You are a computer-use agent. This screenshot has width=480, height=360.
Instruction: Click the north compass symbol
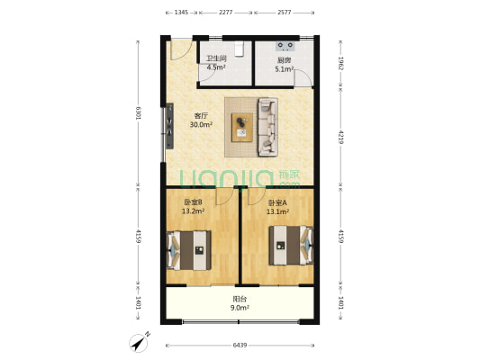pos(140,342)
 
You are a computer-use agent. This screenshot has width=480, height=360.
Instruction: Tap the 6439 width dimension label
pos(240,346)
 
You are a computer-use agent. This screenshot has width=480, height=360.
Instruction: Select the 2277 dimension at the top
pos(226,13)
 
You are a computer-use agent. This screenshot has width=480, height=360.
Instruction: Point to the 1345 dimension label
pos(181,13)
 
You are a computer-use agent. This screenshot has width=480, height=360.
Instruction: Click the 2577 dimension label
pos(284,13)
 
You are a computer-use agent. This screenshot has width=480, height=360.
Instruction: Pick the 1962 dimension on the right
pos(341,63)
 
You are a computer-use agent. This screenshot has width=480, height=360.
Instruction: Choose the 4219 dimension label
pos(341,137)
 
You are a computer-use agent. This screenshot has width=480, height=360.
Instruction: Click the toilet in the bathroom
pos(239,49)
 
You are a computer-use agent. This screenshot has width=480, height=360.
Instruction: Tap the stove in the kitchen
pos(285,46)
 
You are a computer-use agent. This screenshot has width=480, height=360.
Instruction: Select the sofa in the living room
pos(267,127)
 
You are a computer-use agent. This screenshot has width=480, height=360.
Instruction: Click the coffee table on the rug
pos(242,127)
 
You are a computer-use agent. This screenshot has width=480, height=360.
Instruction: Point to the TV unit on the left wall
pos(169,126)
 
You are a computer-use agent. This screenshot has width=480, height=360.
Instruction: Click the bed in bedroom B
pos(189,250)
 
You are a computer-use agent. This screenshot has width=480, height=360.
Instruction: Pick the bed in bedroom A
pos(291,246)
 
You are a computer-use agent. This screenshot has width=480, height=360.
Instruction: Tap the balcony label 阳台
pos(240,299)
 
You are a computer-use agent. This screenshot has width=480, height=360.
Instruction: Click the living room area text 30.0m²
pos(201,124)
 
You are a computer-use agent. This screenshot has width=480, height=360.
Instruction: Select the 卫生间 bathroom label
pos(216,58)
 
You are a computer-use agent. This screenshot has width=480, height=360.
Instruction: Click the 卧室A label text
pos(277,202)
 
